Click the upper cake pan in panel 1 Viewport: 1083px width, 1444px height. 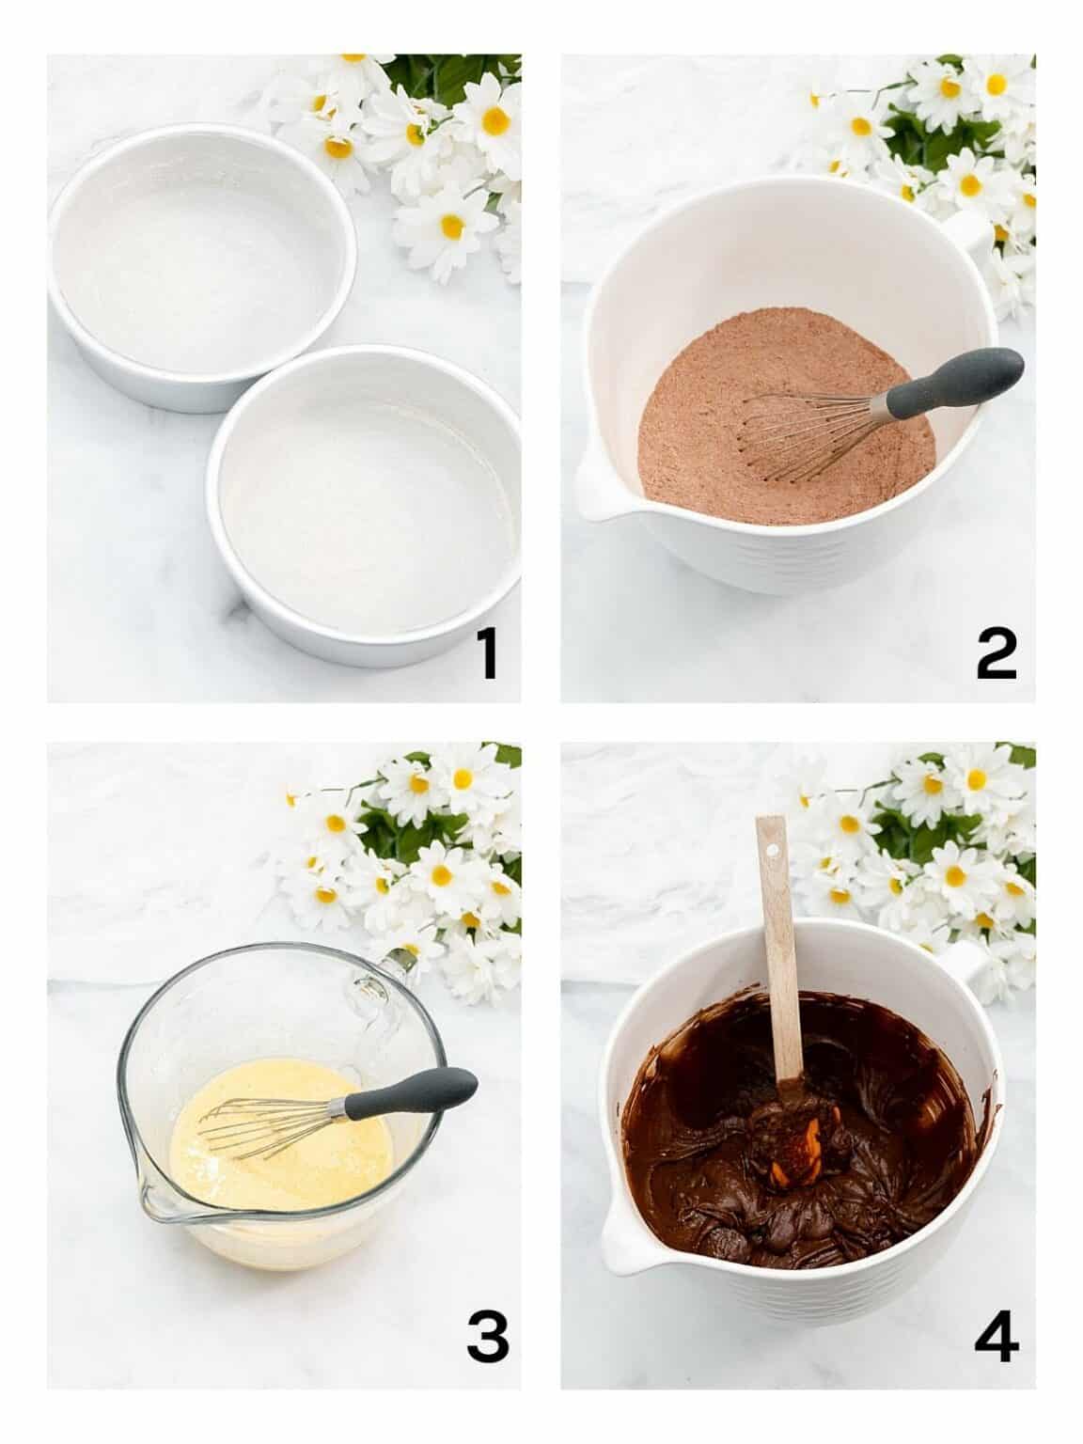click(x=202, y=268)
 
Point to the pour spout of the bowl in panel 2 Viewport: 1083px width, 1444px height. click(x=594, y=489)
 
